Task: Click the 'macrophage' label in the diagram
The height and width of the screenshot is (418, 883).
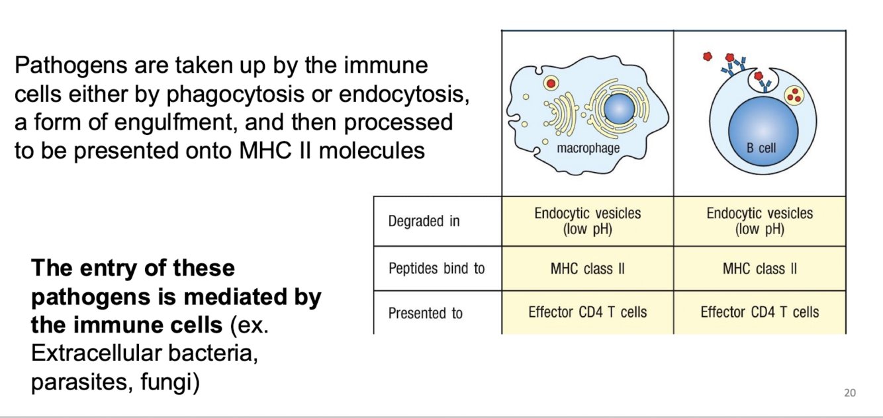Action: coord(588,147)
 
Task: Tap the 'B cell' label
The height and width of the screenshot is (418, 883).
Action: coord(761,148)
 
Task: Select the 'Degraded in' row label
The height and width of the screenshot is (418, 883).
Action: coord(424,222)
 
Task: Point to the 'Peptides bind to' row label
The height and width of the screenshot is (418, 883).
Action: coord(436,269)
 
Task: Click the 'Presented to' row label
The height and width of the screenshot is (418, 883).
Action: coord(425,313)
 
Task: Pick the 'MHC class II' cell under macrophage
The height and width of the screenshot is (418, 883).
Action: coord(587,269)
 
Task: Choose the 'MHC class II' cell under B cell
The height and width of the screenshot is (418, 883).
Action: coord(759,269)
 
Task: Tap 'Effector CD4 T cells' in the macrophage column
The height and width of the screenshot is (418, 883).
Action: coord(587,312)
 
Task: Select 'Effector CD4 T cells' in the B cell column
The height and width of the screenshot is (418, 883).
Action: coord(759,312)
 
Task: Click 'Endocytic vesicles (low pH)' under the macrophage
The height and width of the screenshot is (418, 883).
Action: coord(587,221)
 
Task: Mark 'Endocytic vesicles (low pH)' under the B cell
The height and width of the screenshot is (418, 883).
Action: coord(759,221)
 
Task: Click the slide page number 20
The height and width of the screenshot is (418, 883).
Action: coord(850,393)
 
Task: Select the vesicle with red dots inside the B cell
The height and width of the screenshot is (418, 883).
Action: coord(795,96)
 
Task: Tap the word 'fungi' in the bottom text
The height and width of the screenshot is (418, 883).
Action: coord(170,383)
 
